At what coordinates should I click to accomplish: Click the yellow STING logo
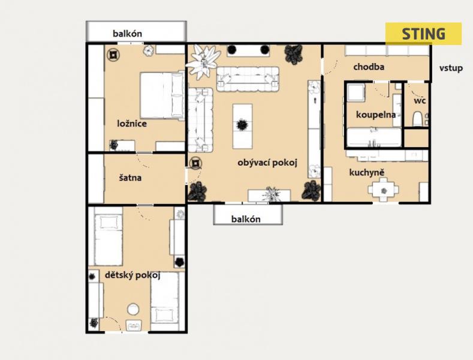[423, 34]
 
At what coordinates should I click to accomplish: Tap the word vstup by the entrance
[451, 68]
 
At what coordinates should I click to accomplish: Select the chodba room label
[369, 67]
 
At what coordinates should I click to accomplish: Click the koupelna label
[376, 115]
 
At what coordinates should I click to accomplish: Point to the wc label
[420, 101]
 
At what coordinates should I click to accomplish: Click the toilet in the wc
[417, 119]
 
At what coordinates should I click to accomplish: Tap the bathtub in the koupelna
[374, 137]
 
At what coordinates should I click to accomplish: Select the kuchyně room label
[367, 172]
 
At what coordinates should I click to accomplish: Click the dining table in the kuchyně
[383, 190]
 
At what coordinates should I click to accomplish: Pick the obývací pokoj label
[267, 163]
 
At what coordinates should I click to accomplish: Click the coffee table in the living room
[242, 126]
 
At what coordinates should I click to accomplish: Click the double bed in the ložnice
[162, 95]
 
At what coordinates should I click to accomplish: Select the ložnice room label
[132, 124]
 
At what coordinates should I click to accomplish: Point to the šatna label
[130, 178]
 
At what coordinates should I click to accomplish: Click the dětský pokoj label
[132, 275]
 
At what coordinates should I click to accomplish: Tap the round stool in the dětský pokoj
[133, 309]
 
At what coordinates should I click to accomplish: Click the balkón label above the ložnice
[127, 34]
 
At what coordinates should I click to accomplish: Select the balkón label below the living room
[246, 219]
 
